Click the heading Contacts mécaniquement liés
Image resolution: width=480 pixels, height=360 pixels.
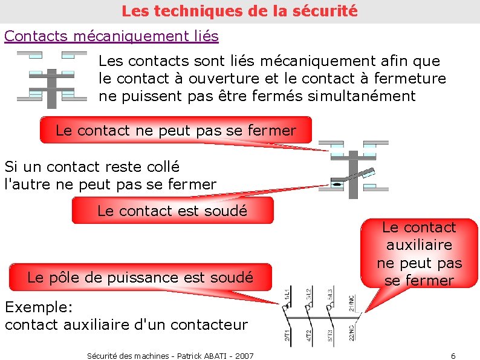click(x=111, y=36)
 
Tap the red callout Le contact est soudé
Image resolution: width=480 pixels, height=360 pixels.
click(x=172, y=211)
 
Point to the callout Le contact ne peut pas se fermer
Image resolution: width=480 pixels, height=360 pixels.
click(x=175, y=130)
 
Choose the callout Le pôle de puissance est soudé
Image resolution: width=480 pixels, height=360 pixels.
click(x=140, y=278)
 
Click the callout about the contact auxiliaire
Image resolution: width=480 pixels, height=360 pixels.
click(x=419, y=254)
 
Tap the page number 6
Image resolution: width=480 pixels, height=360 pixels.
click(x=453, y=355)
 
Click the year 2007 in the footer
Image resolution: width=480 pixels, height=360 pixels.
click(x=243, y=355)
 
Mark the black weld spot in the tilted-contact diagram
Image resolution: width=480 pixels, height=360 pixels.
click(x=336, y=182)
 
